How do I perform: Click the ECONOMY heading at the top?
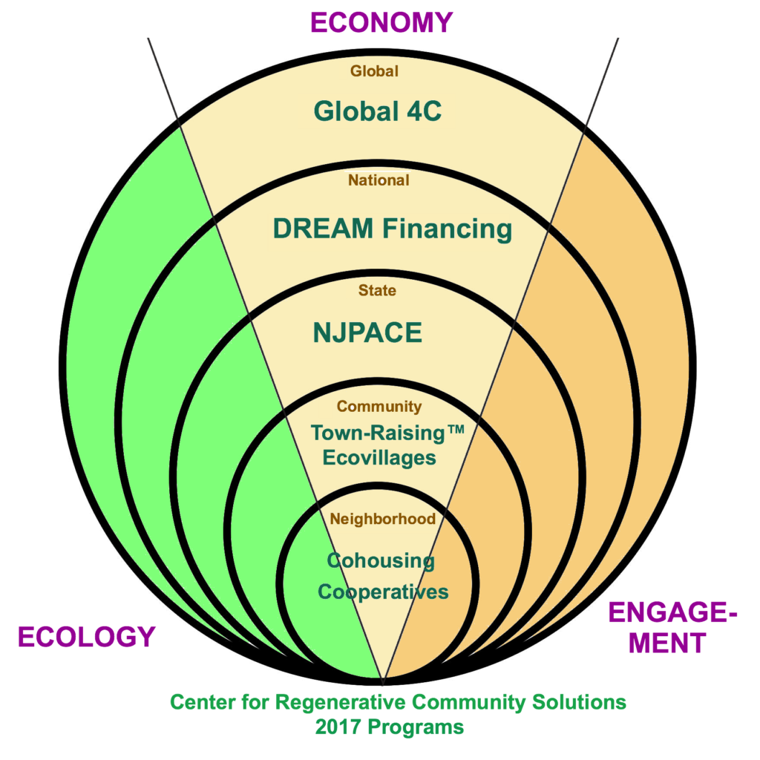381,22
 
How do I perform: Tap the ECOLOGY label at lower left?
86,637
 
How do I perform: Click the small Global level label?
374,71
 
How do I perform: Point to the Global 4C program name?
377,111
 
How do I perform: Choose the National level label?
379,180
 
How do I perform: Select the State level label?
377,290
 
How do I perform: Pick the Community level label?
379,407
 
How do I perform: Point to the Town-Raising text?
379,432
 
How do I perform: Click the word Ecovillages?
379,457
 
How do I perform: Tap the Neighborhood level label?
382,519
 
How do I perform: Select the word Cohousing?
381,561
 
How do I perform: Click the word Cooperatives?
383,592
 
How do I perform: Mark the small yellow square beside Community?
326,407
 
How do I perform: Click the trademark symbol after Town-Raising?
454,430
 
